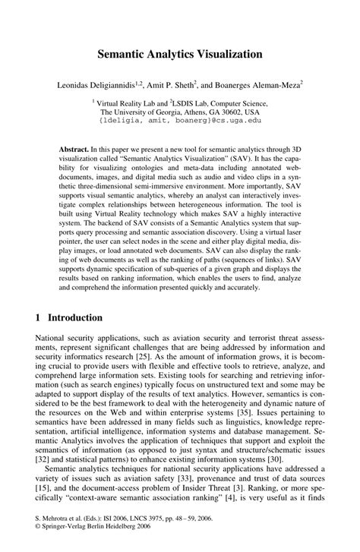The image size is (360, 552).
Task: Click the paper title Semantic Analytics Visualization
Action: [x=180, y=55]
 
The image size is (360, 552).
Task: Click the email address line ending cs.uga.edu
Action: [x=180, y=120]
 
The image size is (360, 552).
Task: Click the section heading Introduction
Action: [x=75, y=317]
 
